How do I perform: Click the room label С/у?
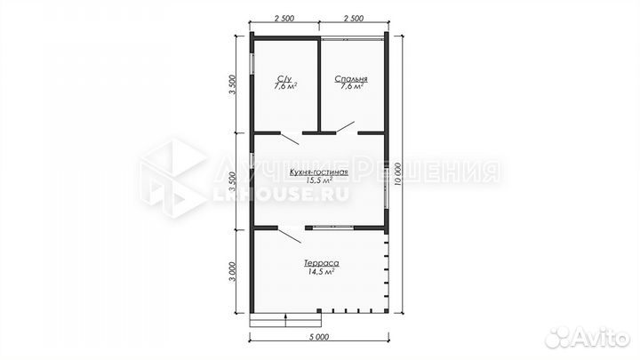tap(284, 78)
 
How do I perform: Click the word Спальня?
tap(351, 79)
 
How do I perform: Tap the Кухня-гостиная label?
tap(319, 172)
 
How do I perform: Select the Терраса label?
tap(321, 263)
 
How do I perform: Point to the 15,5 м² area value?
tap(319, 180)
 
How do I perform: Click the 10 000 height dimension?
tap(398, 173)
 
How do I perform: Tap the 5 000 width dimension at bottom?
tap(319, 337)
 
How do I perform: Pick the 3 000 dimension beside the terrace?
tap(232, 271)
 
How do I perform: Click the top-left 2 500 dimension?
tap(284, 19)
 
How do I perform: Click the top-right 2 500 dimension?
tap(354, 19)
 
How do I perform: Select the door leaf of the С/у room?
tap(290, 140)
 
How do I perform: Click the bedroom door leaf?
tap(345, 127)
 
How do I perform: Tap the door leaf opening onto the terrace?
tap(290, 236)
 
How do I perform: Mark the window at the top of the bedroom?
tap(352, 39)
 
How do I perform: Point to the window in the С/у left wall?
tap(252, 64)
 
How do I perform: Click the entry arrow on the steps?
tap(285, 320)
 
